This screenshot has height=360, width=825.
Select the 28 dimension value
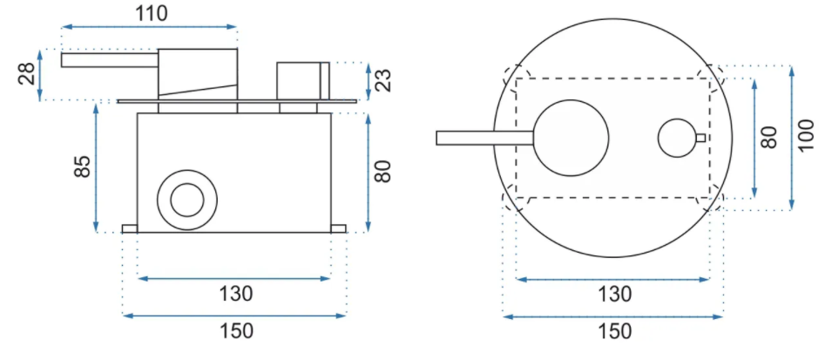(x=27, y=74)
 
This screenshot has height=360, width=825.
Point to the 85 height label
(x=83, y=166)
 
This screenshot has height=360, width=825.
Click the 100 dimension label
(x=805, y=136)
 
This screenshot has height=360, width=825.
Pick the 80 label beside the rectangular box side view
(x=383, y=171)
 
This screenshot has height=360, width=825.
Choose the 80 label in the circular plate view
(x=768, y=137)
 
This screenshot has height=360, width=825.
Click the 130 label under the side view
(x=236, y=293)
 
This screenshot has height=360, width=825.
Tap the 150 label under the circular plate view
(x=614, y=331)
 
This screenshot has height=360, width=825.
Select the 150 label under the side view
(x=236, y=331)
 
